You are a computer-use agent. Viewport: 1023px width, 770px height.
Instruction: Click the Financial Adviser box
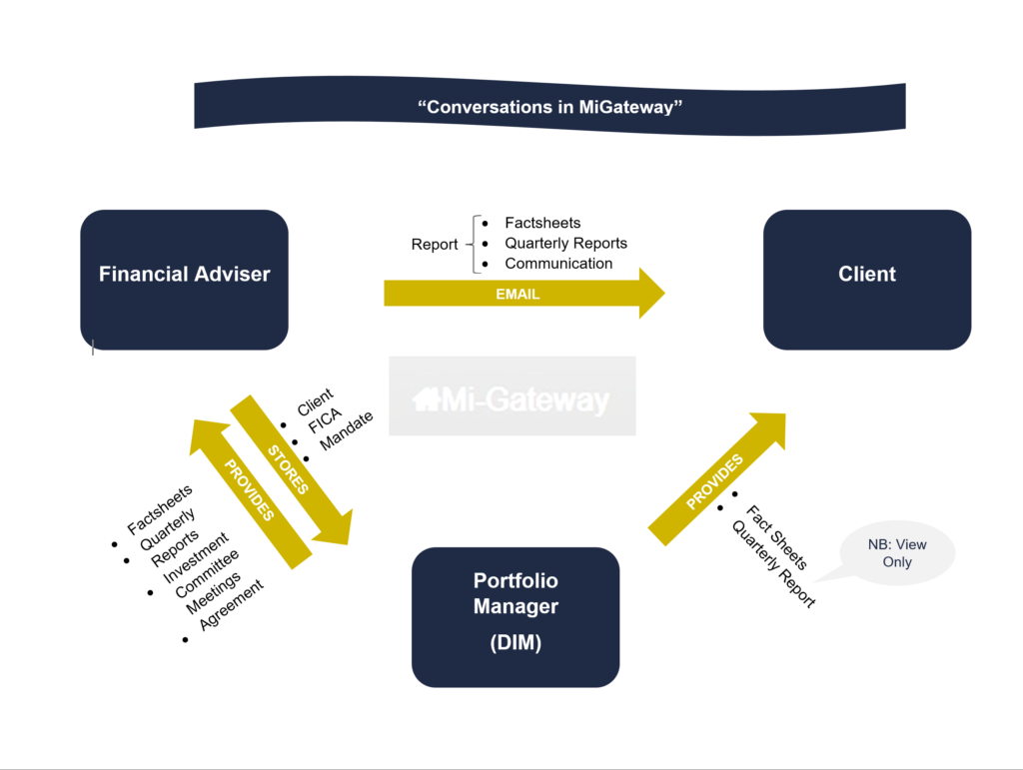184,279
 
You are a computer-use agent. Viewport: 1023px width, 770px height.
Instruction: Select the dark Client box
866,279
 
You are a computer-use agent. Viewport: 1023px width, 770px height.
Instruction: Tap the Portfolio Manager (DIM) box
515,616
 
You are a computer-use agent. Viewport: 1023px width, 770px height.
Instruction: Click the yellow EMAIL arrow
519,294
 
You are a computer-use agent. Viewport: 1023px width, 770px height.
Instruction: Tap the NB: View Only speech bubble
896,552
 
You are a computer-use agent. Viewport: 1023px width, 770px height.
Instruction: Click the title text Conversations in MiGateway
549,107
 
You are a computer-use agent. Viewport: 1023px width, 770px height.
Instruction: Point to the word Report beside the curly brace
435,244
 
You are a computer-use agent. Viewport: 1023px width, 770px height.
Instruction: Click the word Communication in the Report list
558,264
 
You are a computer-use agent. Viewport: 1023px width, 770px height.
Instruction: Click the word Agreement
232,604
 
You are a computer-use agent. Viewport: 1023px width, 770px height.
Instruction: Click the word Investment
195,552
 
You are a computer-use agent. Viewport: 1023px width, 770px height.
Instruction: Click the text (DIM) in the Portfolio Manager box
515,643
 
